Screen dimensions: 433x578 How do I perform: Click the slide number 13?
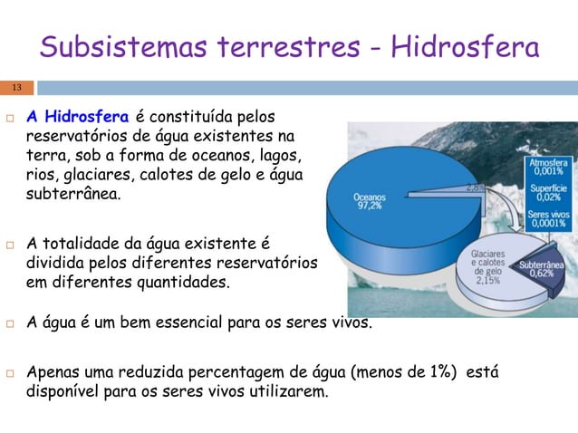pos(15,88)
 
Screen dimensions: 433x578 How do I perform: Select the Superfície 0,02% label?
pos(546,192)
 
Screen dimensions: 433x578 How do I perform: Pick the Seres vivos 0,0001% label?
pos(546,217)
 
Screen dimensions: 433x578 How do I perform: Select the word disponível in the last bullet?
pos(64,392)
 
